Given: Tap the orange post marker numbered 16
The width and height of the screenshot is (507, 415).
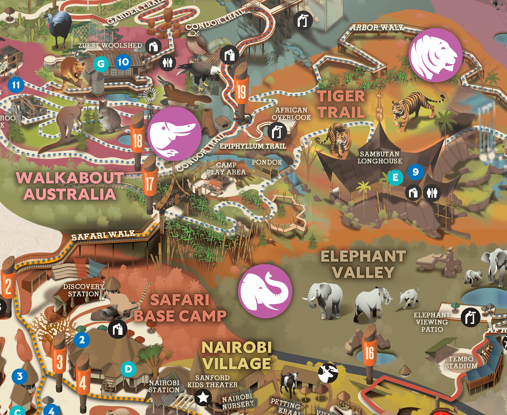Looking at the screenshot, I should pos(369,353).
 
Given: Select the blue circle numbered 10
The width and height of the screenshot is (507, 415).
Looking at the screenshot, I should pos(123,62).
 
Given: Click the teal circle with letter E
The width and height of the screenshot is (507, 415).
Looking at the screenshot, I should pos(395,177).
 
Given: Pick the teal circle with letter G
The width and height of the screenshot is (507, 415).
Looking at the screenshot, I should pos(101,64).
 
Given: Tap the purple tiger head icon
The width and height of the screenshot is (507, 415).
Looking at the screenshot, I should pos(435,55).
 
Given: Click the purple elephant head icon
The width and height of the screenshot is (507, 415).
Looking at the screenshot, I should pos(265,291).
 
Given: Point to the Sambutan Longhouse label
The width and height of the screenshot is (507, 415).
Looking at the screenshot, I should pos(380,157).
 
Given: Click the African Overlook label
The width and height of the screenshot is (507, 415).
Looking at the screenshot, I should pos(291,114).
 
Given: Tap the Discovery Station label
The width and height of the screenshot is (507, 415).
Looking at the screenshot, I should pos(83,290).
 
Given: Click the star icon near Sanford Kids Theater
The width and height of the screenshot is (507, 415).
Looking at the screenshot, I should pos(203,398).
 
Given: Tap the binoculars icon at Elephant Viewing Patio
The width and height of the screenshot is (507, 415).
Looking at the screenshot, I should pos(470,317).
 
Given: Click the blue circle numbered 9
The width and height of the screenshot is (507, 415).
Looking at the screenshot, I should pos(416,172).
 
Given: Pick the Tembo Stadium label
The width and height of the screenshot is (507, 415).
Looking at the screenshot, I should pos(461,362).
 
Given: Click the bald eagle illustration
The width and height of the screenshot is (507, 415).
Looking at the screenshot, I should pos(199,72).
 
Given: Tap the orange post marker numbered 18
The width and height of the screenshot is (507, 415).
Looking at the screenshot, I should pos(137,140).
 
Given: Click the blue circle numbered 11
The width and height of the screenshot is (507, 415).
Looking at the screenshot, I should pos(16,85).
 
